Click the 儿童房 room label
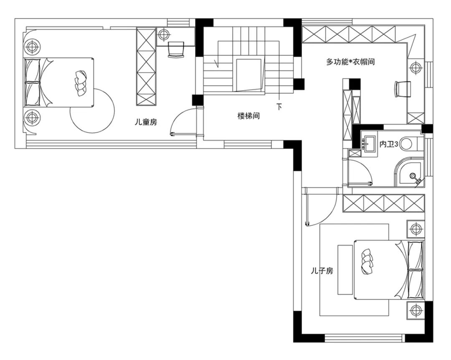click(146, 122)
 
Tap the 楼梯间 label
click(248, 116)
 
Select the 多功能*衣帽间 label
click(350, 62)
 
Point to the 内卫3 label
click(389, 144)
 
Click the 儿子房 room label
click(322, 271)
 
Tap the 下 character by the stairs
click(279, 107)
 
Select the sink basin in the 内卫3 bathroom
click(369, 143)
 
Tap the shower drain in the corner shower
click(413, 175)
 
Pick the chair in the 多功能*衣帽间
click(403, 89)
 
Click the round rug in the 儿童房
click(92, 111)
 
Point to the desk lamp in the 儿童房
click(163, 35)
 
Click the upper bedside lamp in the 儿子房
click(416, 229)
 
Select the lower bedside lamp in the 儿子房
click(416, 310)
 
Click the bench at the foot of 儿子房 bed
click(345, 269)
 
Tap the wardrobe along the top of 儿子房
click(384, 204)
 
